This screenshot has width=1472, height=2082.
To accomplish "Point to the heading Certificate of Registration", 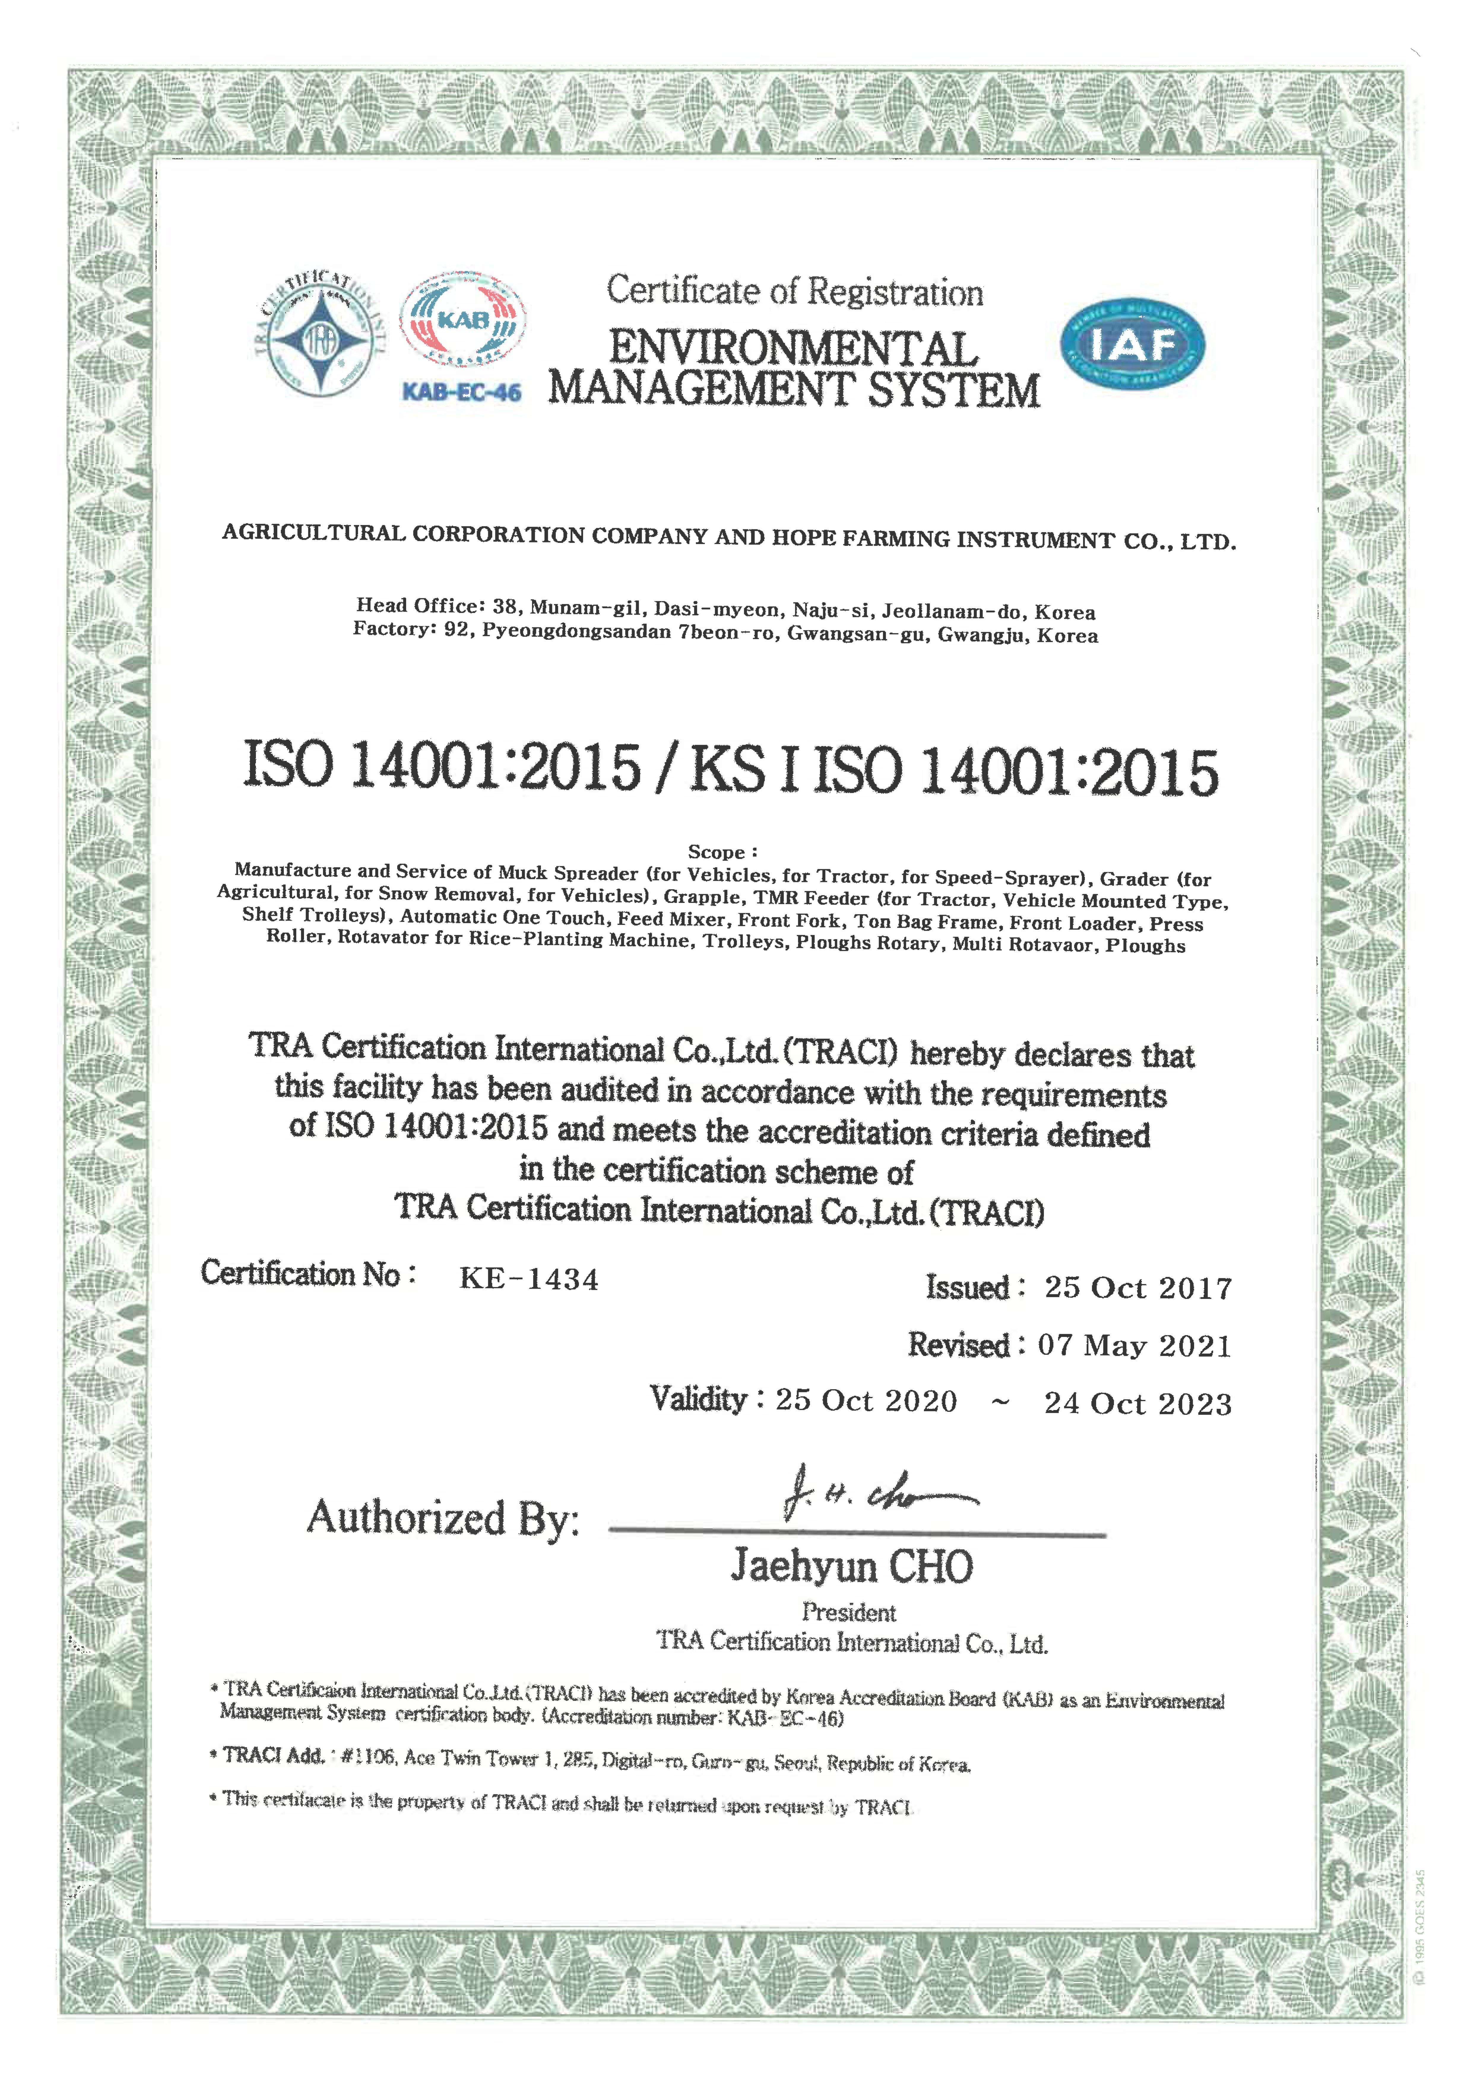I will (x=794, y=292).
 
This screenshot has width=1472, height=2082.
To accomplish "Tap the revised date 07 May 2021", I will (x=1134, y=1346).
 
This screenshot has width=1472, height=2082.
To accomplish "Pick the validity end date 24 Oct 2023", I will (x=1137, y=1404).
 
